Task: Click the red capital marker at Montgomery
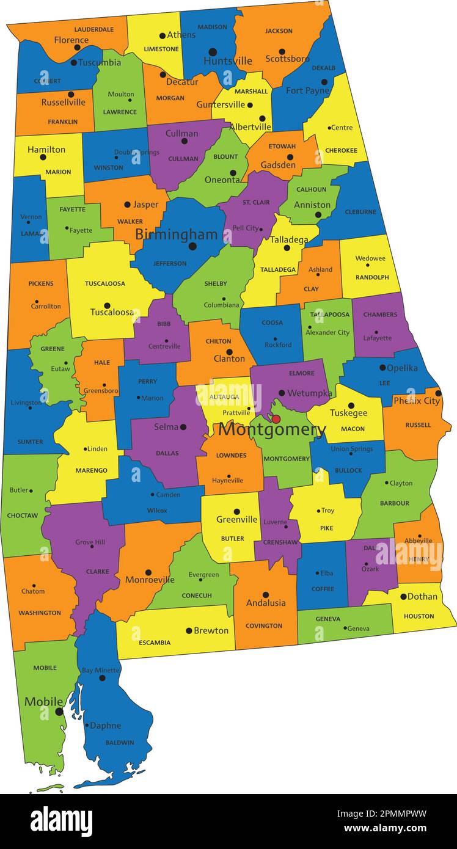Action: point(276,419)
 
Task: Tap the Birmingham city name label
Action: point(176,235)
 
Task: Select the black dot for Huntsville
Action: point(213,52)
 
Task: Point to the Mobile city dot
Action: point(59,712)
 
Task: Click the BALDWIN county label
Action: point(119,743)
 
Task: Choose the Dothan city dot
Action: point(403,597)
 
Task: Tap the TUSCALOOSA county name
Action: point(105,283)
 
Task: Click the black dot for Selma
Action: point(183,427)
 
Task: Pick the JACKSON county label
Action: point(279,31)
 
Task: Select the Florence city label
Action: point(71,40)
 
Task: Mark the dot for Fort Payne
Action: point(324,82)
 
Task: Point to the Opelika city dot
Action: point(382,368)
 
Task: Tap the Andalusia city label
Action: point(266,603)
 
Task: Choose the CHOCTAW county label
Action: point(23,516)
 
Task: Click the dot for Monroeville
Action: point(148,572)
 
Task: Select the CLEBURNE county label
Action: point(360,212)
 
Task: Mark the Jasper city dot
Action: point(127,205)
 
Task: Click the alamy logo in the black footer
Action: point(61,820)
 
